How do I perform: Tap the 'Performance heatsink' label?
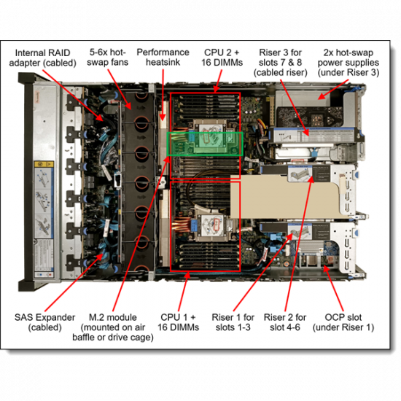(x=163, y=58)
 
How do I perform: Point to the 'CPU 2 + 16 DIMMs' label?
(x=219, y=58)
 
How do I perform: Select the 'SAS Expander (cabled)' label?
(x=43, y=322)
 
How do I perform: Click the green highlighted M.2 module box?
(x=205, y=143)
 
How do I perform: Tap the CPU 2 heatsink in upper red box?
(x=210, y=139)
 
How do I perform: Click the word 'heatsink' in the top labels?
(x=163, y=63)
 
